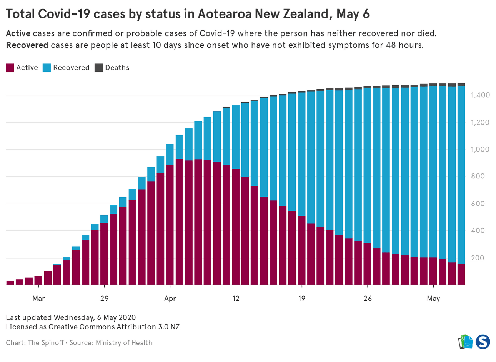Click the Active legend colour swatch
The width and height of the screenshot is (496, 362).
(10, 68)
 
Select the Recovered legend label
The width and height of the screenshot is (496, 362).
(71, 68)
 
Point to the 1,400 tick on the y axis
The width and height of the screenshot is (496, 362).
(480, 95)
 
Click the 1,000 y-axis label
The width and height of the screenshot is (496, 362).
(480, 149)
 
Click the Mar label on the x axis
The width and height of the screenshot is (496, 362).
(38, 299)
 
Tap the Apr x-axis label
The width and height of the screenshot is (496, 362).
(170, 299)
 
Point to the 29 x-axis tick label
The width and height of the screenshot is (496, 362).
(104, 299)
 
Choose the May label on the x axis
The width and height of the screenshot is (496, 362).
(433, 299)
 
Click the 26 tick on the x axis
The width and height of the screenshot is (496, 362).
(368, 299)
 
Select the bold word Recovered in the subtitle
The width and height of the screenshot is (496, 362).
(27, 45)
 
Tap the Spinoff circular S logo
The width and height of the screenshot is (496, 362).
(483, 342)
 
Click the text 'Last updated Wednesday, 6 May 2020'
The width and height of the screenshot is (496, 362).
(71, 317)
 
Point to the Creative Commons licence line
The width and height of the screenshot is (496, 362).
(93, 327)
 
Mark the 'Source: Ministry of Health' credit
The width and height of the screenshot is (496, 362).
(111, 343)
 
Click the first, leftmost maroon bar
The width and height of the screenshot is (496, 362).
(10, 283)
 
